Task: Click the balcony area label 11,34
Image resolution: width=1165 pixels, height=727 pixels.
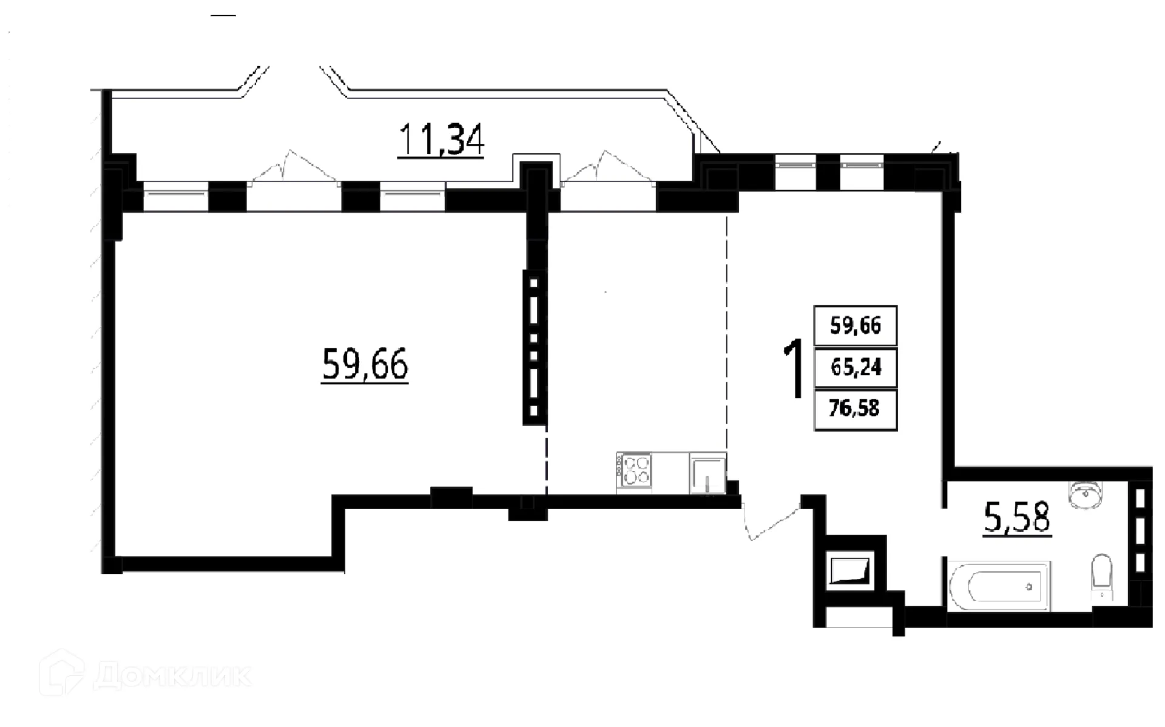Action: click(x=441, y=140)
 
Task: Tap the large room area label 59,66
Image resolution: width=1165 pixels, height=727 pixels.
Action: click(x=365, y=364)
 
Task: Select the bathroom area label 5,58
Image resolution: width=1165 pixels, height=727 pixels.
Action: click(x=1017, y=519)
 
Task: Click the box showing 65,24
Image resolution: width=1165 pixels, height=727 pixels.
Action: click(x=856, y=367)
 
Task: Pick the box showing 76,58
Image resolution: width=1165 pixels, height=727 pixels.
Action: click(x=854, y=408)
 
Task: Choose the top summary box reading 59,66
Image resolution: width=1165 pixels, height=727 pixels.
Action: click(x=856, y=326)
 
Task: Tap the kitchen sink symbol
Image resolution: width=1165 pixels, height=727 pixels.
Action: click(x=707, y=474)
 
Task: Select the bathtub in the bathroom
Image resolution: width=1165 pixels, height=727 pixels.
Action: click(x=999, y=586)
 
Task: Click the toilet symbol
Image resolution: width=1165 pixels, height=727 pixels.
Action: click(x=1101, y=577)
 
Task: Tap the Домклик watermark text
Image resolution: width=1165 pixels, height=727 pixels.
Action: click(x=173, y=675)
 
